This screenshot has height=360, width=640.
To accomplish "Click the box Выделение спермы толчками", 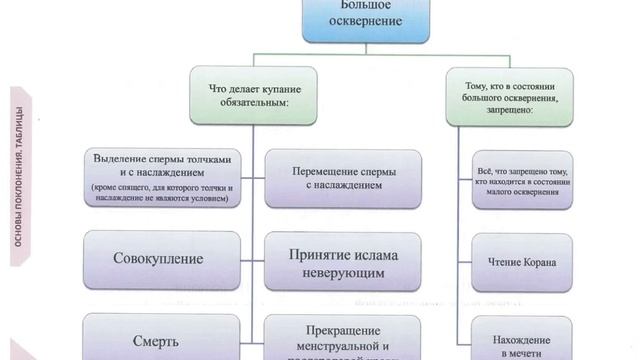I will (161, 179).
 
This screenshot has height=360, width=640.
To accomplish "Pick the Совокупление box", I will (161, 259).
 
